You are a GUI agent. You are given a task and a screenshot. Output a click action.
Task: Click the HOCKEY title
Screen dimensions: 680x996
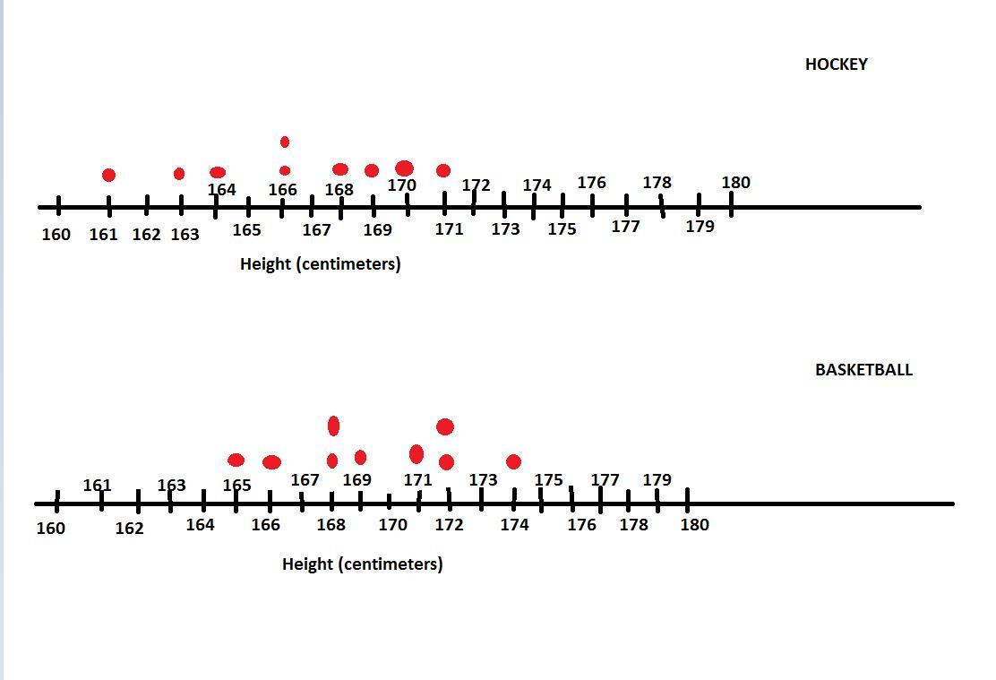(x=836, y=65)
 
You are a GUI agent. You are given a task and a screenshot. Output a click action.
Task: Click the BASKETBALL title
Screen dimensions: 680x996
(x=863, y=370)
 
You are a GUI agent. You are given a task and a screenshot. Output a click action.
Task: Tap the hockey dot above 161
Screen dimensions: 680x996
(x=108, y=175)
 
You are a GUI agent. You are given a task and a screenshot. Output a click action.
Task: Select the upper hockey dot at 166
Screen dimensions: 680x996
(x=285, y=142)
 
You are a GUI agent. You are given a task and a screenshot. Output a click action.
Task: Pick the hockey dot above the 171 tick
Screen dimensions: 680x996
(x=443, y=170)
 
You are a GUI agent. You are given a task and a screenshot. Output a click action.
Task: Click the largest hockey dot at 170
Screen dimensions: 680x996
(x=405, y=168)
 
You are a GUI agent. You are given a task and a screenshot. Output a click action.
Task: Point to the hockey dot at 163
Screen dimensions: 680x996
(x=179, y=174)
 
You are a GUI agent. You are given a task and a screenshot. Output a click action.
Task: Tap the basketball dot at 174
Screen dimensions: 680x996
(x=513, y=461)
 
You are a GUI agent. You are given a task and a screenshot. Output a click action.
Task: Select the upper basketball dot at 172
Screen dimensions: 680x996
(x=445, y=426)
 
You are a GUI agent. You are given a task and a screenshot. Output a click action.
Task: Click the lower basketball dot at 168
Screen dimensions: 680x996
(x=332, y=461)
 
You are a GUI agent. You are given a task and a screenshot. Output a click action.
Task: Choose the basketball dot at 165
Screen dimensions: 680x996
(x=236, y=460)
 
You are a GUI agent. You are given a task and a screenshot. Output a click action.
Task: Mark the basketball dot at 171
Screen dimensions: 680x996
(x=416, y=454)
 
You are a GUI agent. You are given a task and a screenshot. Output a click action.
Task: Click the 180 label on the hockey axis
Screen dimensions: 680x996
(x=735, y=183)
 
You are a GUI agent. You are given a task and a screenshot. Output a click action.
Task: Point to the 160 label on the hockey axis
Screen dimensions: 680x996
(x=56, y=235)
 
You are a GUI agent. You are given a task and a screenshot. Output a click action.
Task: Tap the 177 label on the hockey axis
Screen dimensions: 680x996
(x=625, y=227)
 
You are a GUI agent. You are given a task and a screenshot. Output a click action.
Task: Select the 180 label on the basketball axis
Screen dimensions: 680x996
(x=694, y=525)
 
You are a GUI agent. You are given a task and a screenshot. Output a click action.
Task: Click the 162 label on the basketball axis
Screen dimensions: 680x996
(x=129, y=529)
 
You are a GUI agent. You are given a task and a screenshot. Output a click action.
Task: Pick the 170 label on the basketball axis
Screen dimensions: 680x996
(x=392, y=525)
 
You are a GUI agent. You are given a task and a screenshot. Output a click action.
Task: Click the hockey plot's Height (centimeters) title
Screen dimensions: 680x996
(x=320, y=264)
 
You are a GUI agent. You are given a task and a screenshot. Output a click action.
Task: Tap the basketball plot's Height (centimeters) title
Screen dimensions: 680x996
(x=362, y=564)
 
